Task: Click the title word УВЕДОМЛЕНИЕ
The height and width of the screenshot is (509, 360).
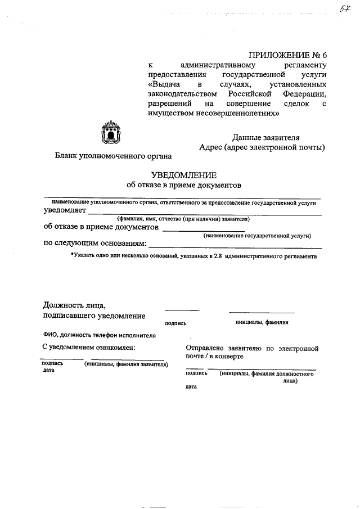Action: click(183, 174)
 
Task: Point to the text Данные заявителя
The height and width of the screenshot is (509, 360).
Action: click(266, 138)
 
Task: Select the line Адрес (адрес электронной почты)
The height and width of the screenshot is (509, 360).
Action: click(262, 148)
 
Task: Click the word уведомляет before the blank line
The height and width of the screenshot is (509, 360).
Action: click(65, 211)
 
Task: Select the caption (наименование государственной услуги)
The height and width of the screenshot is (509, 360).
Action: click(257, 236)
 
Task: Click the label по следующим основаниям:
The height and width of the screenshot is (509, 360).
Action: click(95, 244)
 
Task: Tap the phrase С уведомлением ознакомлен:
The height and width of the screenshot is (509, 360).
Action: click(89, 348)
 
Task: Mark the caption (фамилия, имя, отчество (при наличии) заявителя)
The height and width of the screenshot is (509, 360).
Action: click(183, 219)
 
